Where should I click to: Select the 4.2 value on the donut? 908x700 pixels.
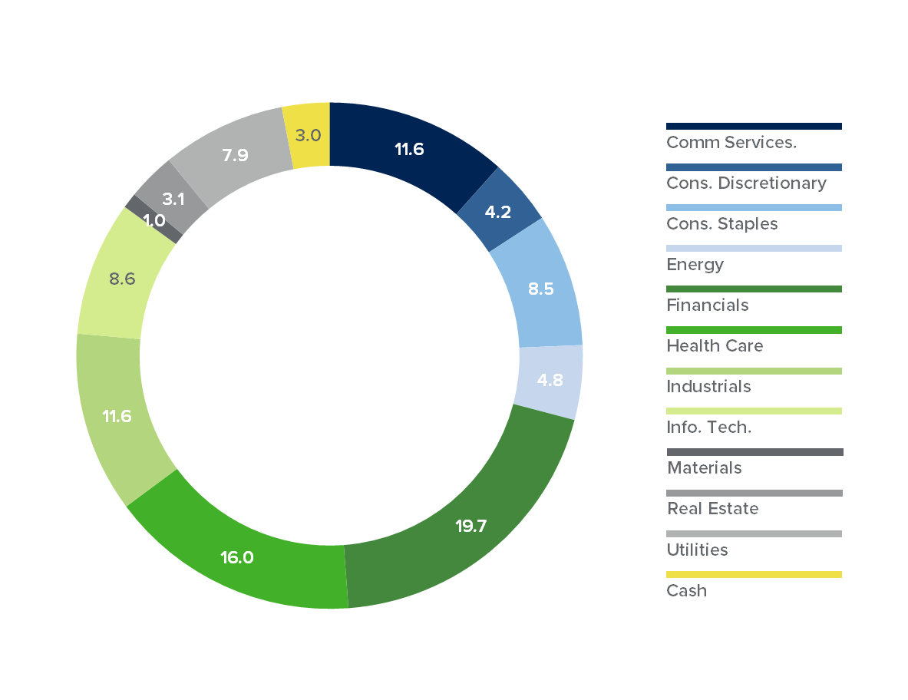(499, 212)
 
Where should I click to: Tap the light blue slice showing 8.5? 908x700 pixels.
(540, 290)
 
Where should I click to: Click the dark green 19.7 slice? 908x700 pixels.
(471, 527)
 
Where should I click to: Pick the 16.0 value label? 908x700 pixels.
(237, 557)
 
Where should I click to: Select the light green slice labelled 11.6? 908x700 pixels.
(117, 417)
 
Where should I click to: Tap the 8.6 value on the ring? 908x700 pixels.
(122, 279)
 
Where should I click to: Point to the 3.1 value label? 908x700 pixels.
(173, 200)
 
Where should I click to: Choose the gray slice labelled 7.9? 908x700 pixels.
(235, 155)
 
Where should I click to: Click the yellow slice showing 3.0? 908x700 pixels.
(308, 136)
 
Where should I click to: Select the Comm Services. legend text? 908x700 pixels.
(731, 142)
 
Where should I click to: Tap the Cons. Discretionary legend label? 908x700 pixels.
(746, 183)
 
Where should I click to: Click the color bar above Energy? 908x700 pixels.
(754, 249)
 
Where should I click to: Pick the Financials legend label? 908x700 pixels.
(707, 305)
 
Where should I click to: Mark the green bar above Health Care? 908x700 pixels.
(754, 330)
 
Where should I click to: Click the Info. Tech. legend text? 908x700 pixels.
(709, 427)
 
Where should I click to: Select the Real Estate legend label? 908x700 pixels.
(712, 508)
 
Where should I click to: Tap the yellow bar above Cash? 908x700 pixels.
(754, 574)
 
